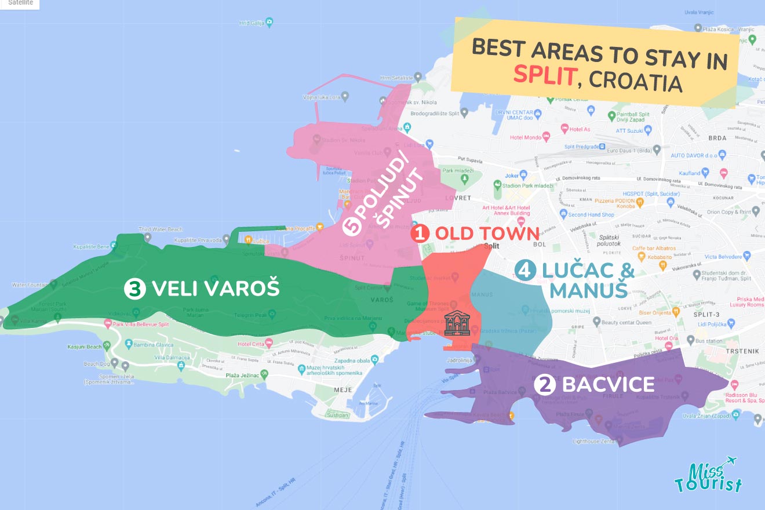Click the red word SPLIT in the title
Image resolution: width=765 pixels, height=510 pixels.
click(545, 75)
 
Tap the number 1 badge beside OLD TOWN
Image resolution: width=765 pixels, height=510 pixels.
click(420, 234)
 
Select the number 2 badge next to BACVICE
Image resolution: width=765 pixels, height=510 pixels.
click(544, 385)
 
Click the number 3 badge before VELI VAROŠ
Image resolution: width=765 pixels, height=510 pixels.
click(134, 288)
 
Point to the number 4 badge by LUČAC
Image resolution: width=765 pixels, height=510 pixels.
click(524, 271)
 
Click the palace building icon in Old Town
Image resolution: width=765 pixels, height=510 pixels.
click(457, 323)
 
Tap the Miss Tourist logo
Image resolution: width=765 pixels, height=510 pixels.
click(708, 475)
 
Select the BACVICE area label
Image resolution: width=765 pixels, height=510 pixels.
click(608, 384)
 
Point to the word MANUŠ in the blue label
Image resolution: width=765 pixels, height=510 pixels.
click(588, 289)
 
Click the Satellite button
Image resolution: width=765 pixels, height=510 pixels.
click(20, 3)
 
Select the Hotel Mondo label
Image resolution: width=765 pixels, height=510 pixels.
click(526, 137)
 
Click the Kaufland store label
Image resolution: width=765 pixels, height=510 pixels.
click(690, 173)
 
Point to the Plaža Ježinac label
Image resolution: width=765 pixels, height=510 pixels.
click(243, 375)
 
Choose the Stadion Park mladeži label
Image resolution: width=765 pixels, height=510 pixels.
click(527, 185)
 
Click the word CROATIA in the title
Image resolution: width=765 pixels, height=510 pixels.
click(635, 81)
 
